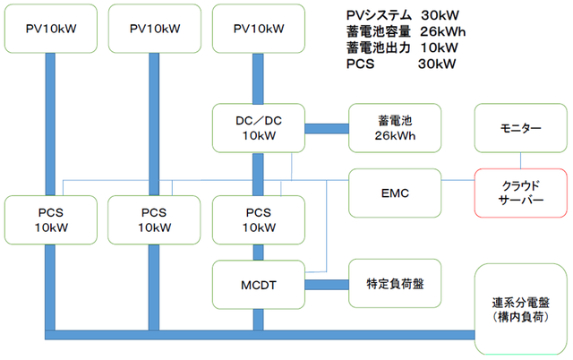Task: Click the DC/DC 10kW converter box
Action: tap(258, 127)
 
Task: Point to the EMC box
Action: tap(395, 193)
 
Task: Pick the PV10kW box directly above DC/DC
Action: tap(258, 29)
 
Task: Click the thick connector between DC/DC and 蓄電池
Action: tap(327, 128)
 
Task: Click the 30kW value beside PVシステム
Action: tap(439, 15)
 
